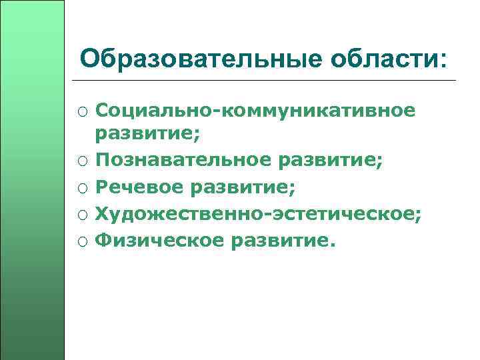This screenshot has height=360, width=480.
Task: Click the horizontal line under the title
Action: pos(267,81)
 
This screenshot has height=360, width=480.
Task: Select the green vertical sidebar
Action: pos(32,180)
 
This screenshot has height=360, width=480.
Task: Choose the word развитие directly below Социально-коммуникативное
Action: pos(145,135)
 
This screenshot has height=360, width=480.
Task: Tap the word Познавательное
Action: pos(184,161)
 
